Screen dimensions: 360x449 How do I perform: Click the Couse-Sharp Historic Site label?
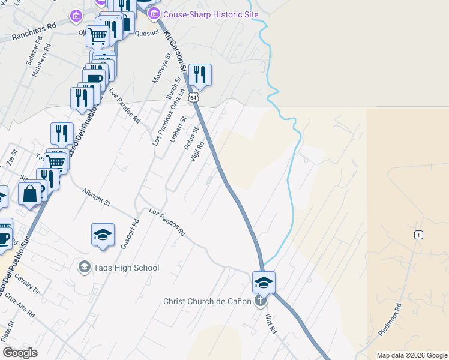point(211,14)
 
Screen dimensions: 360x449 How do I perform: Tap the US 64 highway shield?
point(192,97)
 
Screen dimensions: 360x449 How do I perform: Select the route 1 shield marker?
point(418,235)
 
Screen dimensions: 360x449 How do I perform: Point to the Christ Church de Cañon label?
point(207,301)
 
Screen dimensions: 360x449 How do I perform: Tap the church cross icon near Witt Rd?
point(260,301)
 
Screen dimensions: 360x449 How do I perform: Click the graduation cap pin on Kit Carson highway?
point(264,282)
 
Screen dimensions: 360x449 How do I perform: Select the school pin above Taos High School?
point(103,235)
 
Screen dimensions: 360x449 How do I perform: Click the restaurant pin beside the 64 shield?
point(200,75)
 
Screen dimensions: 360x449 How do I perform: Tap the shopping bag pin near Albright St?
point(29,194)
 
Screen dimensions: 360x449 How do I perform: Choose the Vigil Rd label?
point(197,151)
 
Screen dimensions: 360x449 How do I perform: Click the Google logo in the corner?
point(20,353)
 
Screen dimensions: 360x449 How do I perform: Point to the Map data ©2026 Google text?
point(411,355)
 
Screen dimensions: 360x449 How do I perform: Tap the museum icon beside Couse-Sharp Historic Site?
point(154,14)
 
